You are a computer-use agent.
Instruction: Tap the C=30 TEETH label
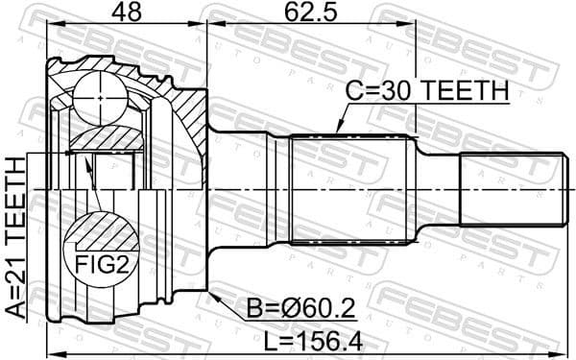point(426,91)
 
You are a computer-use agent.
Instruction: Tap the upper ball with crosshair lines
point(102,97)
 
